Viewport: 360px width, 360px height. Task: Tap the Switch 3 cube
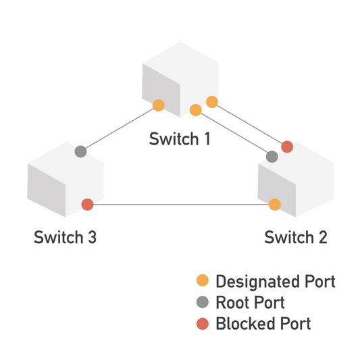coord(65,179)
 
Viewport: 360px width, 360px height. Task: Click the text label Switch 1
coord(180,140)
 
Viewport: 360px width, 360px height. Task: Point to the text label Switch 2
coord(296,238)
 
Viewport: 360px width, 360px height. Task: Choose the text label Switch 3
coord(66,238)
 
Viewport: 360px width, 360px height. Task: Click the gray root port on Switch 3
coord(81,151)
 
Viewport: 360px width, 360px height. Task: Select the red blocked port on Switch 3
coord(87,204)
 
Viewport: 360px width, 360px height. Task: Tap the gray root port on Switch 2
coord(272,157)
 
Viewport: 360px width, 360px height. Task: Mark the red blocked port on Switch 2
coord(287,146)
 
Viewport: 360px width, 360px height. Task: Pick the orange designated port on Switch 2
coord(275,204)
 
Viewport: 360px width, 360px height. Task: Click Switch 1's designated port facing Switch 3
coord(158,105)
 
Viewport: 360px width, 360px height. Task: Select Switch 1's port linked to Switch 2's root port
coord(196,109)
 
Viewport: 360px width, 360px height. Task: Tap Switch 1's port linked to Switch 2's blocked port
coord(212,102)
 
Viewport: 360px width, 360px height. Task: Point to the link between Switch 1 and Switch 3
coord(120,128)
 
